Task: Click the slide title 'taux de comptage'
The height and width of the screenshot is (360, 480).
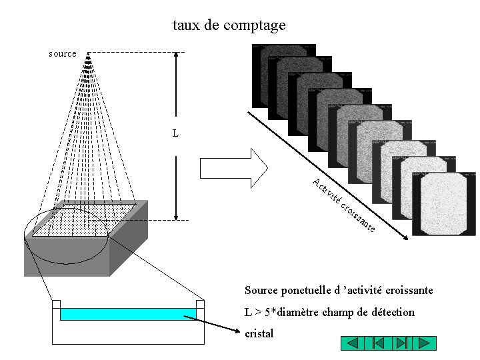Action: pos(229,25)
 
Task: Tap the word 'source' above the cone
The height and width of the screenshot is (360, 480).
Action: pos(63,53)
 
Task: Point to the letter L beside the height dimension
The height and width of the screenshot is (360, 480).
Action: pos(175,133)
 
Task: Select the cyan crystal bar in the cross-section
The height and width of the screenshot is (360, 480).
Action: pos(127,314)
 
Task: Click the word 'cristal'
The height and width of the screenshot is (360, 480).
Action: pos(259,333)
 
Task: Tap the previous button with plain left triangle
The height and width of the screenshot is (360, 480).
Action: pos(353,343)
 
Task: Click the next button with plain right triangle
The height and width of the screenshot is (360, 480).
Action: pos(424,343)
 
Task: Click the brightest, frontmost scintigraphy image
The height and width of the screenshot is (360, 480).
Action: pos(444,204)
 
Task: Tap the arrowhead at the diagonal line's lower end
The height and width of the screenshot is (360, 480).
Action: pos(405,235)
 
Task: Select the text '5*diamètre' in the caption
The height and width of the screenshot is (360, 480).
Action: pos(289,312)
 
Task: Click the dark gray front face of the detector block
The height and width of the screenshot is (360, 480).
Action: pos(67,257)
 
